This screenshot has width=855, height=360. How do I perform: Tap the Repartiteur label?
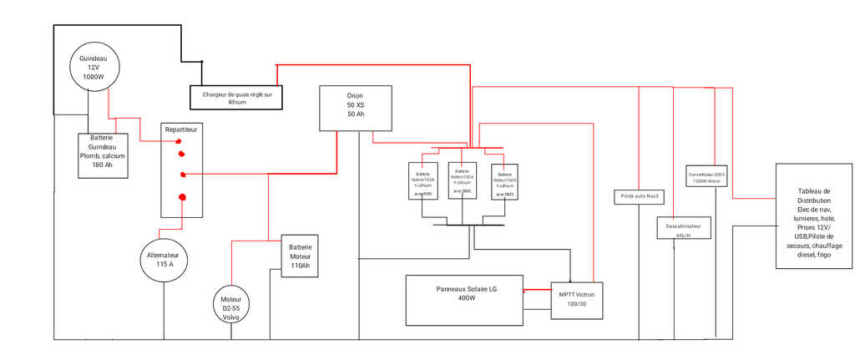(x=181, y=131)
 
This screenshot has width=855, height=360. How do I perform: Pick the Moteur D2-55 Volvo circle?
(x=231, y=307)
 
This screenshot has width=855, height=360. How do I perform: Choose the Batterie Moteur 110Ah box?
(x=300, y=256)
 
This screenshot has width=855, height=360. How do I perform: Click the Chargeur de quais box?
(x=237, y=98)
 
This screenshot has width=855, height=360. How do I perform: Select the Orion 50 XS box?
(x=356, y=108)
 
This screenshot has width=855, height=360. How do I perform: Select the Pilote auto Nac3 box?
(x=640, y=197)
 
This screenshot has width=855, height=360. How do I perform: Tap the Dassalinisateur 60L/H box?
(x=683, y=228)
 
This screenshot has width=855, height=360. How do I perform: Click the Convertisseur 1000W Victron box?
(x=706, y=177)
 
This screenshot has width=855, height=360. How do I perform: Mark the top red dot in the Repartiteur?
(x=178, y=143)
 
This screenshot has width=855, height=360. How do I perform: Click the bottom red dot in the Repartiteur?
(x=182, y=197)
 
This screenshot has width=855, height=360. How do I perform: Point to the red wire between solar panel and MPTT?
(x=537, y=291)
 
